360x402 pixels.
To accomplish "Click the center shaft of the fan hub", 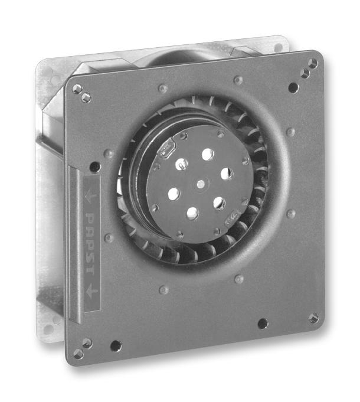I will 201,184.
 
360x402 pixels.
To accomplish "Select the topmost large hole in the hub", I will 208,155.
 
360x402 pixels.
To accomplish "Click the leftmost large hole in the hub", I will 174,193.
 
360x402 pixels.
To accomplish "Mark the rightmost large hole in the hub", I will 226,174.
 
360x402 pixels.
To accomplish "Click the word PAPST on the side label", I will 90,244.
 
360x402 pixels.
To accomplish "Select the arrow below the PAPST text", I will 90,290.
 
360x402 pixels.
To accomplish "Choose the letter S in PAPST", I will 90,258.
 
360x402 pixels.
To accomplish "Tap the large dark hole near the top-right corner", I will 293,87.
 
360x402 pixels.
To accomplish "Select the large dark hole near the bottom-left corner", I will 116,345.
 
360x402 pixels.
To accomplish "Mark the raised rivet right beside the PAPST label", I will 108,238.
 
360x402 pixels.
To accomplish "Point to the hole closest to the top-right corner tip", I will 313,63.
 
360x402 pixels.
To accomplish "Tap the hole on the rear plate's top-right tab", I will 277,47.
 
